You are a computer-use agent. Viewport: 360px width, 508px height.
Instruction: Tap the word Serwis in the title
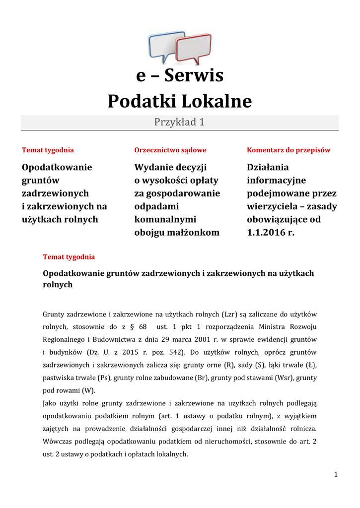click(194, 76)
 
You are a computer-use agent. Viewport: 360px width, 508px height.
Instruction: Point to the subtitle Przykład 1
click(179, 122)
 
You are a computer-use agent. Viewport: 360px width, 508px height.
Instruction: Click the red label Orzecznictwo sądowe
click(170, 150)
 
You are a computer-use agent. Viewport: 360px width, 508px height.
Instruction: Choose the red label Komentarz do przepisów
click(288, 150)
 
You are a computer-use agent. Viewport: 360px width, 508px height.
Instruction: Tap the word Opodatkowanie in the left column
click(57, 167)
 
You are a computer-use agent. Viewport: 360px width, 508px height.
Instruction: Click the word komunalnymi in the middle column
click(165, 219)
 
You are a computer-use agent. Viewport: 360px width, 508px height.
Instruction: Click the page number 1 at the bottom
click(336, 475)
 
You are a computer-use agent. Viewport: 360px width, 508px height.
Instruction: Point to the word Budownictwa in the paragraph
click(114, 340)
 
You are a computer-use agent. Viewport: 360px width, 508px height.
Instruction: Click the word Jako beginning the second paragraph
click(50, 403)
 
